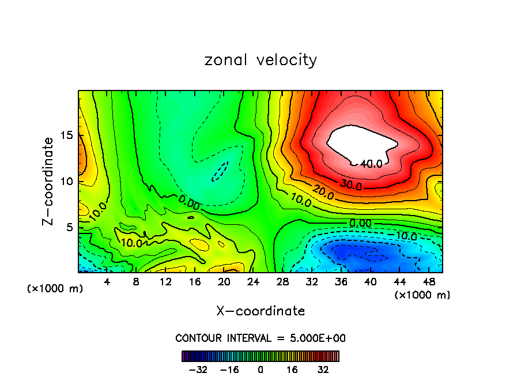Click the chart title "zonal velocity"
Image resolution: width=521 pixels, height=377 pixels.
[260, 60]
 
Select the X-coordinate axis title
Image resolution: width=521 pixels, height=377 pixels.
[260, 311]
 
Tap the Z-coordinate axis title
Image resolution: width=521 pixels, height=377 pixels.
[49, 181]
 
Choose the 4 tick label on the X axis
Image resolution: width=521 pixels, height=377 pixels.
[107, 282]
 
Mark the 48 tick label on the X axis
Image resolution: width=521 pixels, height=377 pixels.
[428, 282]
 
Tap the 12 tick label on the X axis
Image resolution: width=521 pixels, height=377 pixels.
[165, 282]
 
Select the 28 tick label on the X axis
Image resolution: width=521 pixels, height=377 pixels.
[282, 282]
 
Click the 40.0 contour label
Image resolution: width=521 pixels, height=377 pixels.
[371, 164]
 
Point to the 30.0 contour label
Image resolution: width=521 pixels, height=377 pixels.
[350, 186]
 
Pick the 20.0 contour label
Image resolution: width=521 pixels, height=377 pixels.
[323, 193]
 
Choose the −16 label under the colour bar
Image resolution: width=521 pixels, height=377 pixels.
[229, 370]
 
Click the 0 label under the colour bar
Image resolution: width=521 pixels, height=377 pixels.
[260, 370]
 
